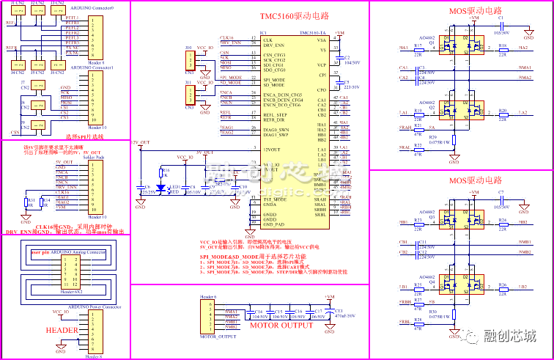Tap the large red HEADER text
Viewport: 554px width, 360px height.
click(x=62, y=330)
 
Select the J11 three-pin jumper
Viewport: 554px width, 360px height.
click(x=190, y=94)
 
